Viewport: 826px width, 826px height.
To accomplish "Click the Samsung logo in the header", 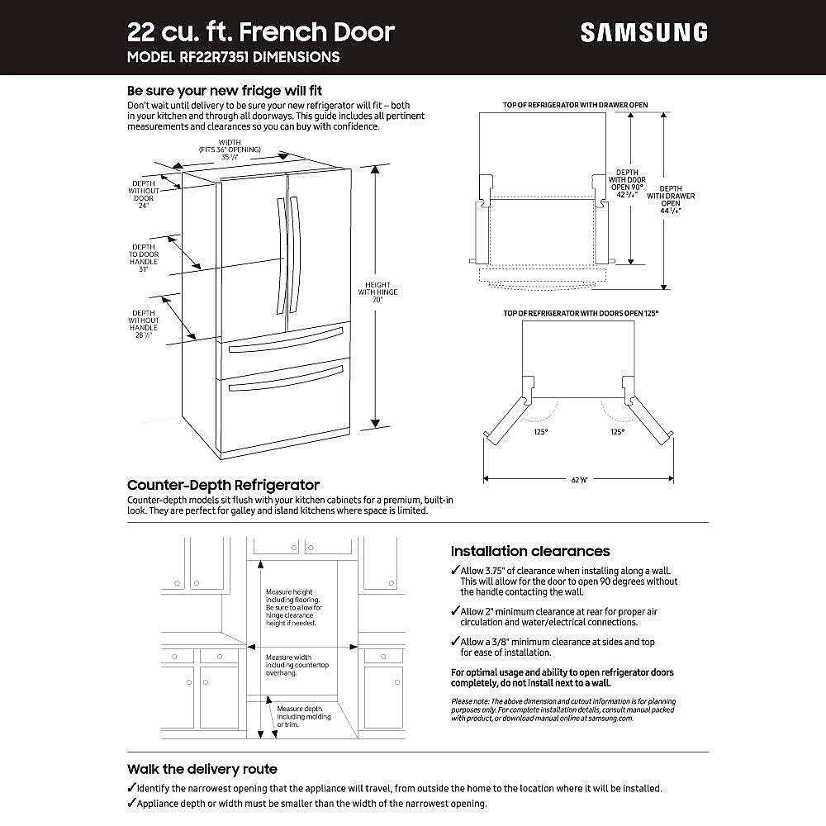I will (643, 32).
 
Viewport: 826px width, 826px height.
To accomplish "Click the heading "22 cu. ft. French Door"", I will (260, 32).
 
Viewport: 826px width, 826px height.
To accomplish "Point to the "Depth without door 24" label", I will (143, 194).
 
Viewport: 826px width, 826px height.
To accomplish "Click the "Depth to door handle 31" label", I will (143, 258).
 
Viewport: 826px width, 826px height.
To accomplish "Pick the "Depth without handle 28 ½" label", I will (143, 322).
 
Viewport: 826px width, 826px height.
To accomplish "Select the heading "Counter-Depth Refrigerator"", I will (223, 485).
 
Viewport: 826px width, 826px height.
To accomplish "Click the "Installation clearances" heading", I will (530, 551).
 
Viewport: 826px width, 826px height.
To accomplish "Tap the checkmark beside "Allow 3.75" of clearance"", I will (455, 571).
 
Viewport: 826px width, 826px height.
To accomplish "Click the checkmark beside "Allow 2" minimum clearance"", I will (455, 611).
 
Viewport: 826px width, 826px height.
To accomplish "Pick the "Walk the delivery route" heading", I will (202, 769).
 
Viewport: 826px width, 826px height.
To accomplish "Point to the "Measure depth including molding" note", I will (299, 716).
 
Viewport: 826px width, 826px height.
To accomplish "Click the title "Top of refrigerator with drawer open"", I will (575, 105).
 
